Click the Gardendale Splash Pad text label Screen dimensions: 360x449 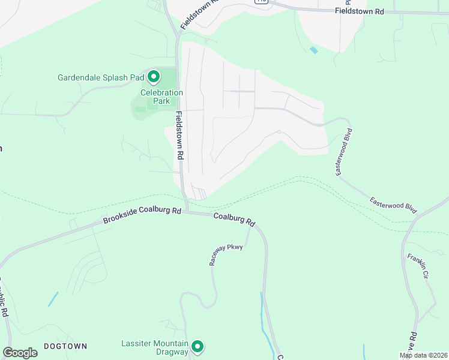click(x=101, y=77)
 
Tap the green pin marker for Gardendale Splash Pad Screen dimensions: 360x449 click(x=154, y=76)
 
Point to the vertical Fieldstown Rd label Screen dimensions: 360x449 click(x=180, y=135)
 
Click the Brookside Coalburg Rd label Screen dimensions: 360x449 click(x=142, y=215)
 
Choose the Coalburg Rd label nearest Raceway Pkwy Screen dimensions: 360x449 click(x=234, y=220)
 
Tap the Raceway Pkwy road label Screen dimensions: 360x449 click(x=226, y=255)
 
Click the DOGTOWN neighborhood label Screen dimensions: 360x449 click(x=65, y=346)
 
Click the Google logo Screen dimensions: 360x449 click(x=20, y=353)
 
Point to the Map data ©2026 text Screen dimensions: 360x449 click(x=424, y=355)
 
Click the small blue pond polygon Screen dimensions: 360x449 click(x=314, y=50)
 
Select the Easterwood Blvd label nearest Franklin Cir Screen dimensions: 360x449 click(x=393, y=205)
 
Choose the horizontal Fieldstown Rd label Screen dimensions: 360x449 click(x=358, y=11)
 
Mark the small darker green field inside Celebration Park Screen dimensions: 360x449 click(x=140, y=109)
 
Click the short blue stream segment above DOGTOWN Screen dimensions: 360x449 click(x=53, y=299)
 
